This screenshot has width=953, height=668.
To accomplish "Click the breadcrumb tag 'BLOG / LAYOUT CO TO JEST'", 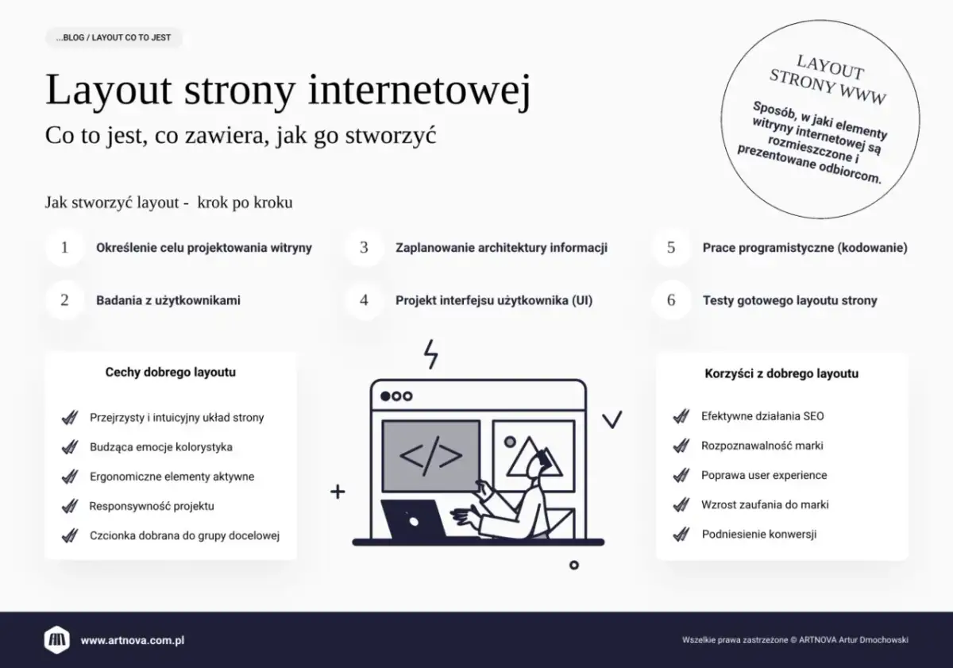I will [x=114, y=37].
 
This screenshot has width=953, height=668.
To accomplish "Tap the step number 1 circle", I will [x=64, y=248].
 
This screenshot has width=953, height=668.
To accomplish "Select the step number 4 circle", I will [x=364, y=300].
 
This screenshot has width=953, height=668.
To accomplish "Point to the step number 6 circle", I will [x=671, y=300].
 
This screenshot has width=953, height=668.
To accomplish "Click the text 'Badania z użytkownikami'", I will [x=168, y=300].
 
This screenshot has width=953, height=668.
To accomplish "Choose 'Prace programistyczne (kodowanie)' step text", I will [x=804, y=248].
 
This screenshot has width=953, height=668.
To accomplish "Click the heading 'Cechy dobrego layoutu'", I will [x=170, y=372].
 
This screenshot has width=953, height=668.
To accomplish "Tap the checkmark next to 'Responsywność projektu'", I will [x=69, y=506].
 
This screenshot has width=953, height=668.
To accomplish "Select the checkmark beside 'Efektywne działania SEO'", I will [x=680, y=416].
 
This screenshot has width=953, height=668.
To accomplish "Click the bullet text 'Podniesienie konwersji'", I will [x=758, y=535].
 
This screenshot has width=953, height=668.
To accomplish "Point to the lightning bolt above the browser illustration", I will [x=431, y=354].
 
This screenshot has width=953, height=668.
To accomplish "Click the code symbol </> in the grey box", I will [x=430, y=456].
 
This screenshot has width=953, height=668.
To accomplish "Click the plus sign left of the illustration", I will [x=338, y=492].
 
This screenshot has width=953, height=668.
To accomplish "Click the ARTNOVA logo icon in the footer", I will [x=56, y=639].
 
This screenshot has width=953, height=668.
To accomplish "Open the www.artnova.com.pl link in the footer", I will [x=133, y=640].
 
